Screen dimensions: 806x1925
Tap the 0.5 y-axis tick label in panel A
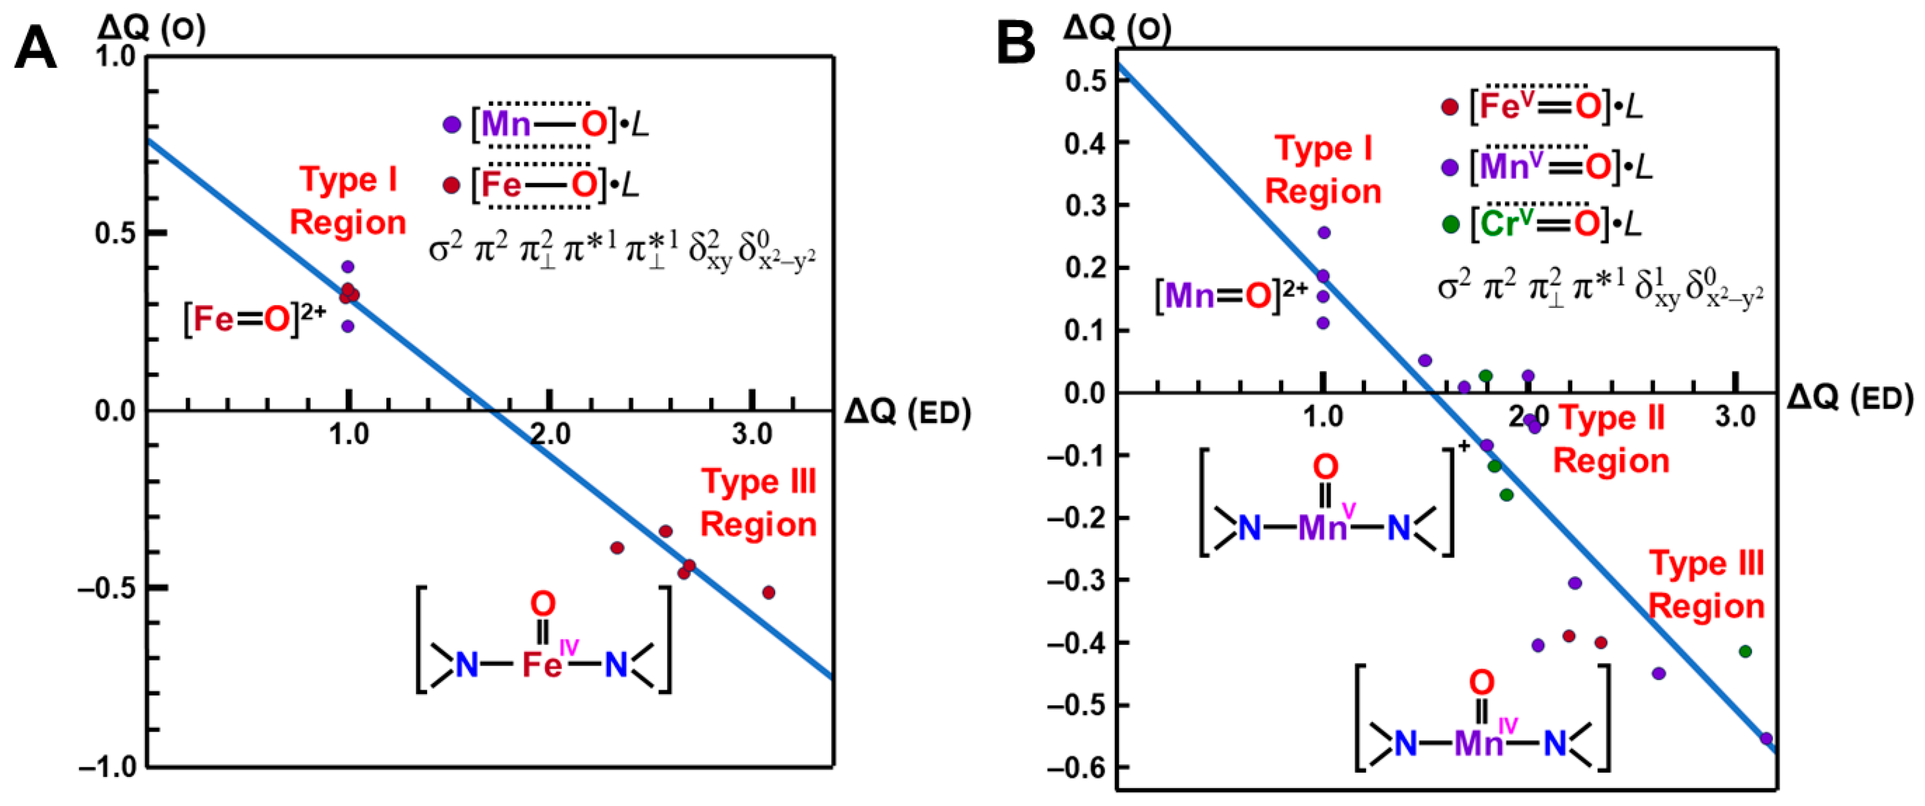point(114,233)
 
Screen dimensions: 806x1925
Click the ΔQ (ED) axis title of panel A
point(907,412)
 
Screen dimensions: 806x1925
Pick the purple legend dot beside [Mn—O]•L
point(451,124)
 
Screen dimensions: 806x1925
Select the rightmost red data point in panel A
point(768,593)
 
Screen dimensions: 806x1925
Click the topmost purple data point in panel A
point(348,266)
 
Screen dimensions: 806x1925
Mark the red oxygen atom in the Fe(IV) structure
point(542,603)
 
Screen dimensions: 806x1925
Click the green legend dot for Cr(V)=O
point(1450,224)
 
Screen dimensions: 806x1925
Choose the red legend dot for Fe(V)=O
point(1450,107)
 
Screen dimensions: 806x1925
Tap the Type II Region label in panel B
point(1611,440)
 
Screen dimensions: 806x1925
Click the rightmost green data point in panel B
point(1745,651)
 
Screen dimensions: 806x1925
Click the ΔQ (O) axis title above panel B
point(1117,29)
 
